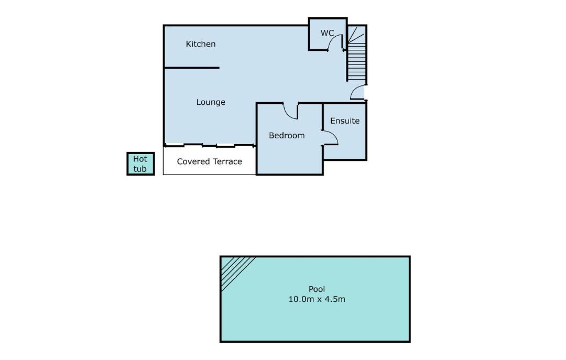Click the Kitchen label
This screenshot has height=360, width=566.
click(x=201, y=44)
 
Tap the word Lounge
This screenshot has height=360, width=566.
click(x=211, y=102)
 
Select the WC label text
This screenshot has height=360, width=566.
click(x=327, y=33)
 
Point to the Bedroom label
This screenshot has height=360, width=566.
click(x=287, y=135)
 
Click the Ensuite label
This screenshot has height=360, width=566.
click(x=345, y=121)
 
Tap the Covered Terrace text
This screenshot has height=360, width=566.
click(x=209, y=161)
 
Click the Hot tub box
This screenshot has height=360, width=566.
click(x=141, y=164)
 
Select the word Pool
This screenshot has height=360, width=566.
click(x=317, y=289)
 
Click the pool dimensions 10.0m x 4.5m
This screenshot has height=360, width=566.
click(x=317, y=299)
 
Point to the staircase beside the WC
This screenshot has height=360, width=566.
click(x=357, y=53)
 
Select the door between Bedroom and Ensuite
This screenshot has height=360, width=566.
click(x=330, y=138)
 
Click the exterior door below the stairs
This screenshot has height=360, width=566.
click(x=358, y=92)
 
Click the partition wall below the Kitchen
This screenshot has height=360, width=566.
click(x=192, y=68)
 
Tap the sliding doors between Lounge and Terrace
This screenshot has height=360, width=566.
click(x=209, y=146)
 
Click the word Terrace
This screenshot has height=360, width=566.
click(x=227, y=161)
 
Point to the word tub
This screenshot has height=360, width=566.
click(x=140, y=169)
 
